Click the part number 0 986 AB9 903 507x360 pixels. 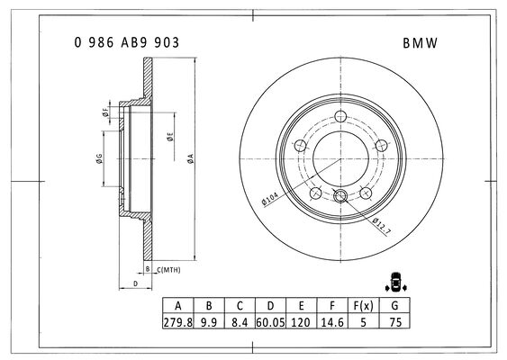click(126, 42)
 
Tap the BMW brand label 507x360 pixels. click(420, 43)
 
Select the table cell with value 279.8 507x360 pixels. click(177, 322)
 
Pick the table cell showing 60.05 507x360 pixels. click(271, 322)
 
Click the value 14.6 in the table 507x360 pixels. click(332, 322)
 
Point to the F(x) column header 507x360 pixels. click(363, 305)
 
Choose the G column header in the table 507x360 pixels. click(394, 305)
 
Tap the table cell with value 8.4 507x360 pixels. click(240, 322)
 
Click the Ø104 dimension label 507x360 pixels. click(269, 198)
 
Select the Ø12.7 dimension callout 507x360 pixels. click(382, 226)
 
